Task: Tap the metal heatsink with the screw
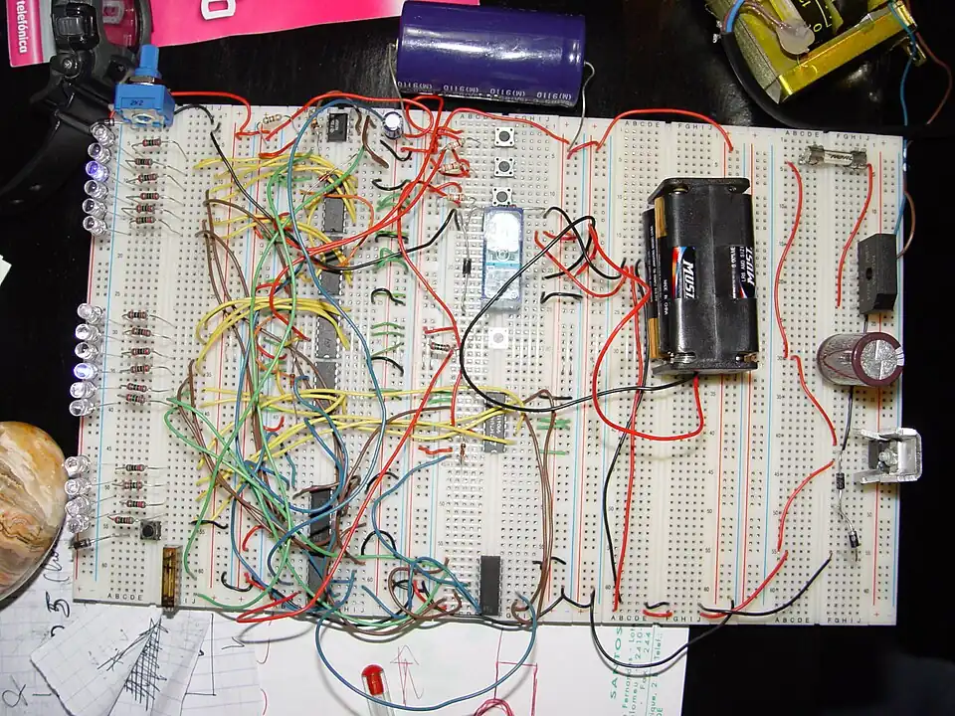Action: (888, 455)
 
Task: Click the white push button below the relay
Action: (497, 338)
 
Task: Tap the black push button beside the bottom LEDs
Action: (153, 530)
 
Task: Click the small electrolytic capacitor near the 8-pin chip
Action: (395, 123)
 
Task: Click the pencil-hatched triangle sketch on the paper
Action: (144, 656)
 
